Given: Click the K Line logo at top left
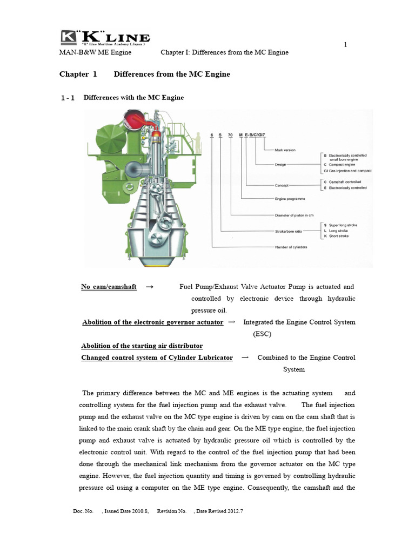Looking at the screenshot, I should [105, 38].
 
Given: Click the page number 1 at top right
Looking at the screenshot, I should [345, 44].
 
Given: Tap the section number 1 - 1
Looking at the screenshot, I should [68, 98].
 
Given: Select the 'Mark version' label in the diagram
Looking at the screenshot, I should [285, 150].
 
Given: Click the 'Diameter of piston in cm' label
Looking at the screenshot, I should [294, 214].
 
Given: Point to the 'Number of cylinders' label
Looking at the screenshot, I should [291, 247].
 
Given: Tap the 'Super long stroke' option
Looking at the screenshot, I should [340, 225].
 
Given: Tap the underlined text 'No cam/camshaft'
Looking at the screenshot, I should [109, 286].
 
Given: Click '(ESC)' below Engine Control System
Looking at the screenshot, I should [263, 334].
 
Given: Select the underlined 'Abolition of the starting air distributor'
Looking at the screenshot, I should [142, 346].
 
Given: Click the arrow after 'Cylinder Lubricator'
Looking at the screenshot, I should [245, 358].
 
